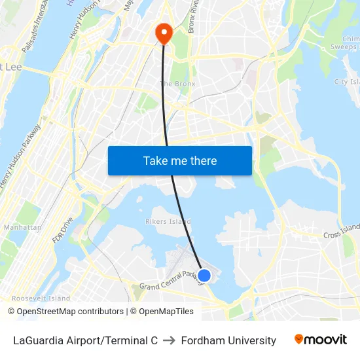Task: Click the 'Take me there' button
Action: pyautogui.click(x=179, y=161)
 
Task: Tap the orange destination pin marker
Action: pyautogui.click(x=162, y=33)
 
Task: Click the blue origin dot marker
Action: pyautogui.click(x=204, y=276)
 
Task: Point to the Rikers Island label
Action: pyautogui.click(x=168, y=222)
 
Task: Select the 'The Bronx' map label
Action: pyautogui.click(x=178, y=84)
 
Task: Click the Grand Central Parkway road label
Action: pyautogui.click(x=168, y=281)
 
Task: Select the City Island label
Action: pyautogui.click(x=347, y=82)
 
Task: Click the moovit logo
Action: pyautogui.click(x=321, y=340)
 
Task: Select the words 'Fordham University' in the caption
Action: pyautogui.click(x=228, y=340)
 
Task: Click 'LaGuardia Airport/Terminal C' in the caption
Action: pyautogui.click(x=85, y=340)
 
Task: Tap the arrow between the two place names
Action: pyautogui.click(x=169, y=340)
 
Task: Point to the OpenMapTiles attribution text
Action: pyautogui.click(x=162, y=312)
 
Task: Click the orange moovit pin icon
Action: pyautogui.click(x=299, y=339)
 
